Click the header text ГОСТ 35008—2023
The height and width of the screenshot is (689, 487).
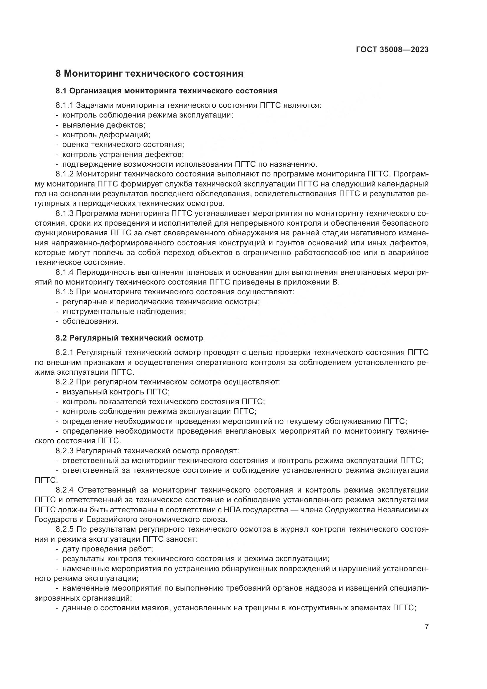pyautogui.click(x=392, y=50)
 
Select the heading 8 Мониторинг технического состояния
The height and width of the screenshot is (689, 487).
pyautogui.click(x=149, y=74)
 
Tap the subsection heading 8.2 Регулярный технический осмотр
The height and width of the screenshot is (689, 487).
pyautogui.click(x=129, y=338)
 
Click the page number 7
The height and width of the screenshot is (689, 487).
pyautogui.click(x=427, y=627)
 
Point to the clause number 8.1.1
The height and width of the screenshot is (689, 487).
pyautogui.click(x=64, y=105)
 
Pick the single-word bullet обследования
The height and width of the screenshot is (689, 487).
pyautogui.click(x=90, y=321)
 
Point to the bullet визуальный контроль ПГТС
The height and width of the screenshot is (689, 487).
pyautogui.click(x=116, y=392)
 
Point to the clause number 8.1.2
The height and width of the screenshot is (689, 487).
pyautogui.click(x=64, y=174)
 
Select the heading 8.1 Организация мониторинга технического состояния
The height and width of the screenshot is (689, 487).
pyautogui.click(x=166, y=91)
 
